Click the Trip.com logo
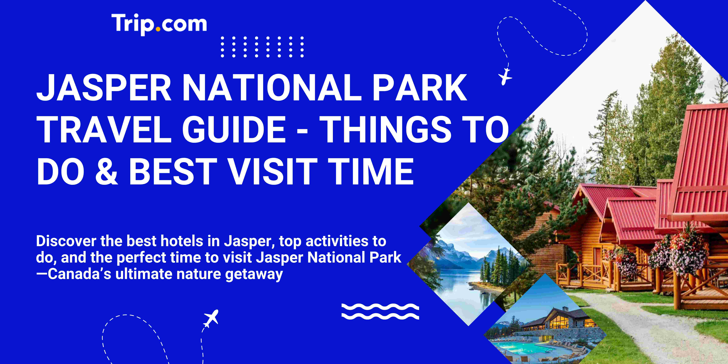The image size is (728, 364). pos(159,24)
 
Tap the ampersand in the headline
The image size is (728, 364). pos(106,172)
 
